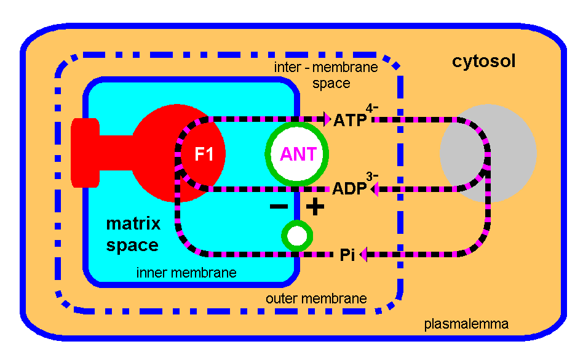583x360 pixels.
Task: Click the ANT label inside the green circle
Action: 298,154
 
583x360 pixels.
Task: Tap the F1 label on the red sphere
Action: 204,154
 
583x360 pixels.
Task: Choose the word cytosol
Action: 483,62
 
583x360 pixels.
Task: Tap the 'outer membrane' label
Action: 316,298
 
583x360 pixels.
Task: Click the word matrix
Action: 133,223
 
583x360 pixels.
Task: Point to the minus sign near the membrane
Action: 279,207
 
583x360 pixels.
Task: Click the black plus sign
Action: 315,207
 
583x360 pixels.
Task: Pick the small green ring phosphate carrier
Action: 297,236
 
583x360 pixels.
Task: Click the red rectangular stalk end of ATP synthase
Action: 85,153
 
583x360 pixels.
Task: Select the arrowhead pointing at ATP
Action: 327,119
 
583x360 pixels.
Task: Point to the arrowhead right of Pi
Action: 363,254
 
